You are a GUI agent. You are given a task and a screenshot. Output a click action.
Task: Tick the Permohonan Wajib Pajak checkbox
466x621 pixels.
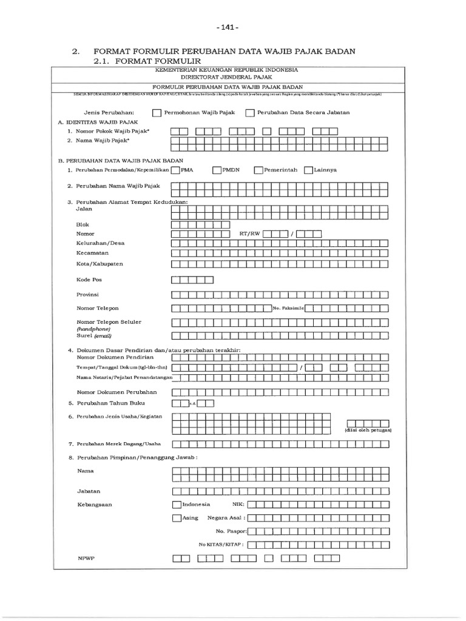coord(157,113)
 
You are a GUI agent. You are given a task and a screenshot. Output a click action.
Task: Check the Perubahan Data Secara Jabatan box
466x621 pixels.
coord(249,113)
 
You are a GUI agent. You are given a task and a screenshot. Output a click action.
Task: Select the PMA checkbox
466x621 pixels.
coord(175,170)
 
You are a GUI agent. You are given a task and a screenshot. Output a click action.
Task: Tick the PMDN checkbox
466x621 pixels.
coord(217,170)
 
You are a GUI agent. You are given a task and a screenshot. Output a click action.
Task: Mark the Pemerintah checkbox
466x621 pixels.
coord(258,170)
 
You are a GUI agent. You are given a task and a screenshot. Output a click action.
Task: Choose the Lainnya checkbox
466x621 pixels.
coord(308,170)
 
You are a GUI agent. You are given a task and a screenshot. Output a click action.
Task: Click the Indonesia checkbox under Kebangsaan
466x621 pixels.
coord(176,505)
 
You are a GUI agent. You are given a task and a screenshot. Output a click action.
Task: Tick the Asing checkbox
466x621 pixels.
coord(176,518)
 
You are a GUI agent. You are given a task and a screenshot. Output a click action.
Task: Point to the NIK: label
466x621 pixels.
coord(237,505)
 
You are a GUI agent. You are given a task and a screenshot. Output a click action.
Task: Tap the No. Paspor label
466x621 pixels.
coord(234,531)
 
